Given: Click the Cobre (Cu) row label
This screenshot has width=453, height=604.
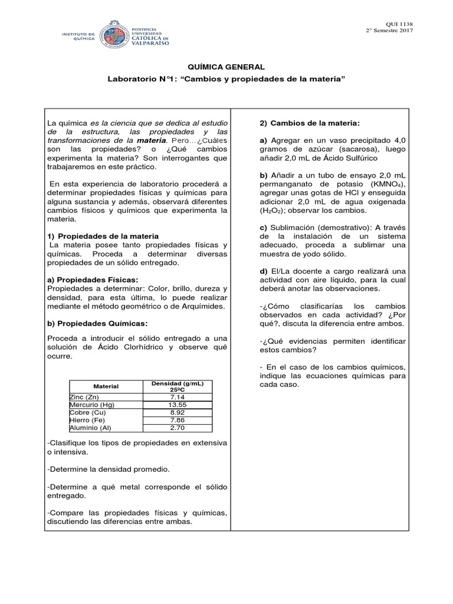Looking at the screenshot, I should [x=88, y=413].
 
